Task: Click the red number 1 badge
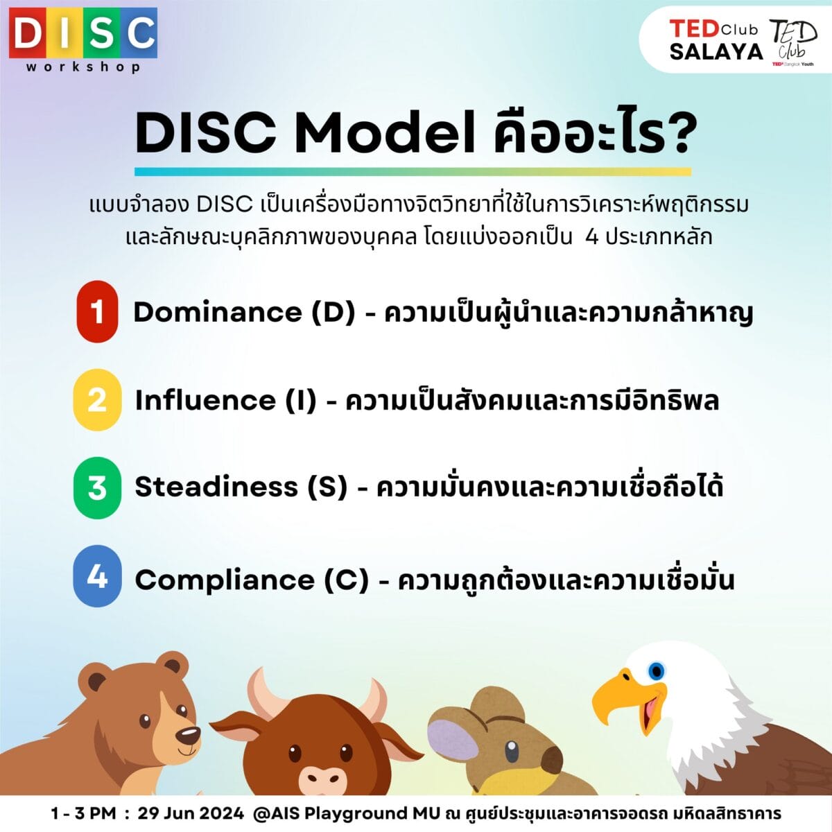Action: click(97, 311)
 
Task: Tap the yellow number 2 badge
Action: click(97, 400)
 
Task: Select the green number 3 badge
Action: click(97, 487)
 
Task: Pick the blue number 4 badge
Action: click(97, 575)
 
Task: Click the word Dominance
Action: click(217, 312)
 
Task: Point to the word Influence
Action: click(205, 400)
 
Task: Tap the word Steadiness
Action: click(216, 487)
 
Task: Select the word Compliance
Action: click(225, 580)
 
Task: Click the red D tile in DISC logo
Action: click(27, 33)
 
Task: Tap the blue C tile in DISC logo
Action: click(139, 33)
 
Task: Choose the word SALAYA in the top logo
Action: click(717, 52)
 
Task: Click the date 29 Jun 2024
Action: click(191, 813)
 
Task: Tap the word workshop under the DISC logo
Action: click(83, 67)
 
